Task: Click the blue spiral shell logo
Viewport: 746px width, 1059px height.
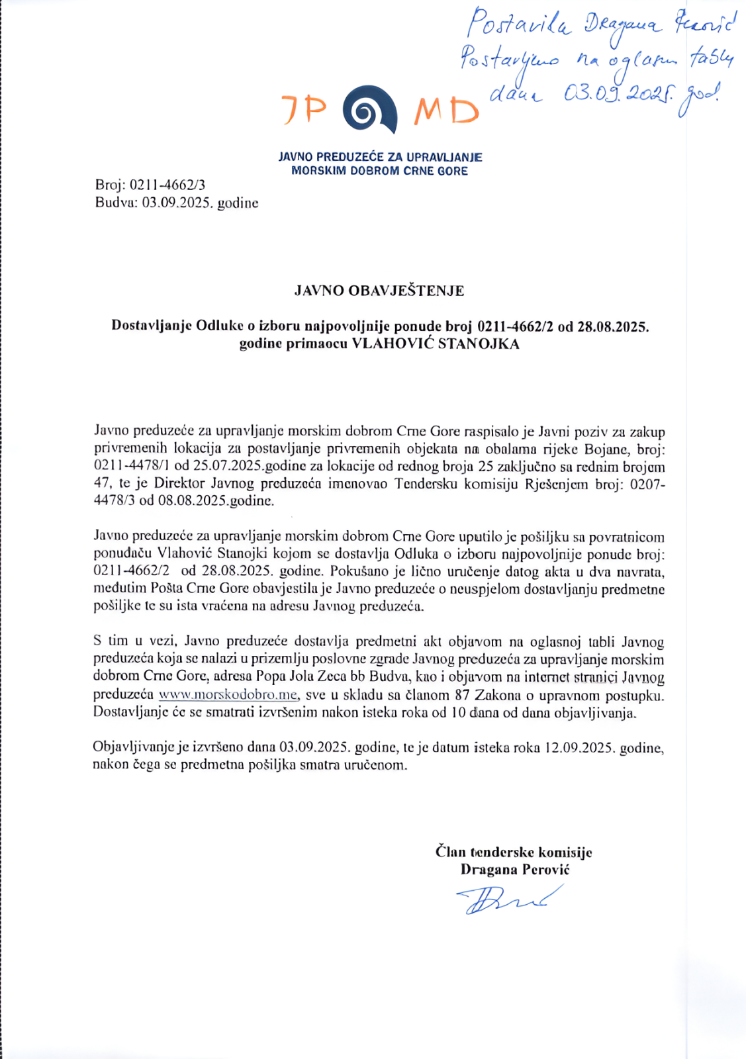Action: click(370, 110)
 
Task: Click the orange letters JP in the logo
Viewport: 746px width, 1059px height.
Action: click(304, 109)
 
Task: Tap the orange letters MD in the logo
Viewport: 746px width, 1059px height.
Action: click(446, 112)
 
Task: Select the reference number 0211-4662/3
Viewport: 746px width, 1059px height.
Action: click(167, 185)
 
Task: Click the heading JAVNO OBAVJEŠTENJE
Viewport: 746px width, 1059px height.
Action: click(379, 291)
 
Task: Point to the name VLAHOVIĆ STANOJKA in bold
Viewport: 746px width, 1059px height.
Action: click(435, 344)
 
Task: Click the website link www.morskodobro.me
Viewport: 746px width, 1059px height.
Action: click(228, 695)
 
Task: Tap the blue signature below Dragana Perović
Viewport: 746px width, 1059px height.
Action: click(508, 900)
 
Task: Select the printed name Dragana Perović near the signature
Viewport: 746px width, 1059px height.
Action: click(514, 870)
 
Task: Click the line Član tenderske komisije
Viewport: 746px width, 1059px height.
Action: click(514, 852)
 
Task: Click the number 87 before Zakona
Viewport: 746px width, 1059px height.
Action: click(462, 695)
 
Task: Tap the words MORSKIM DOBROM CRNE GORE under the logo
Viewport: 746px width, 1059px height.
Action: click(379, 171)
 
